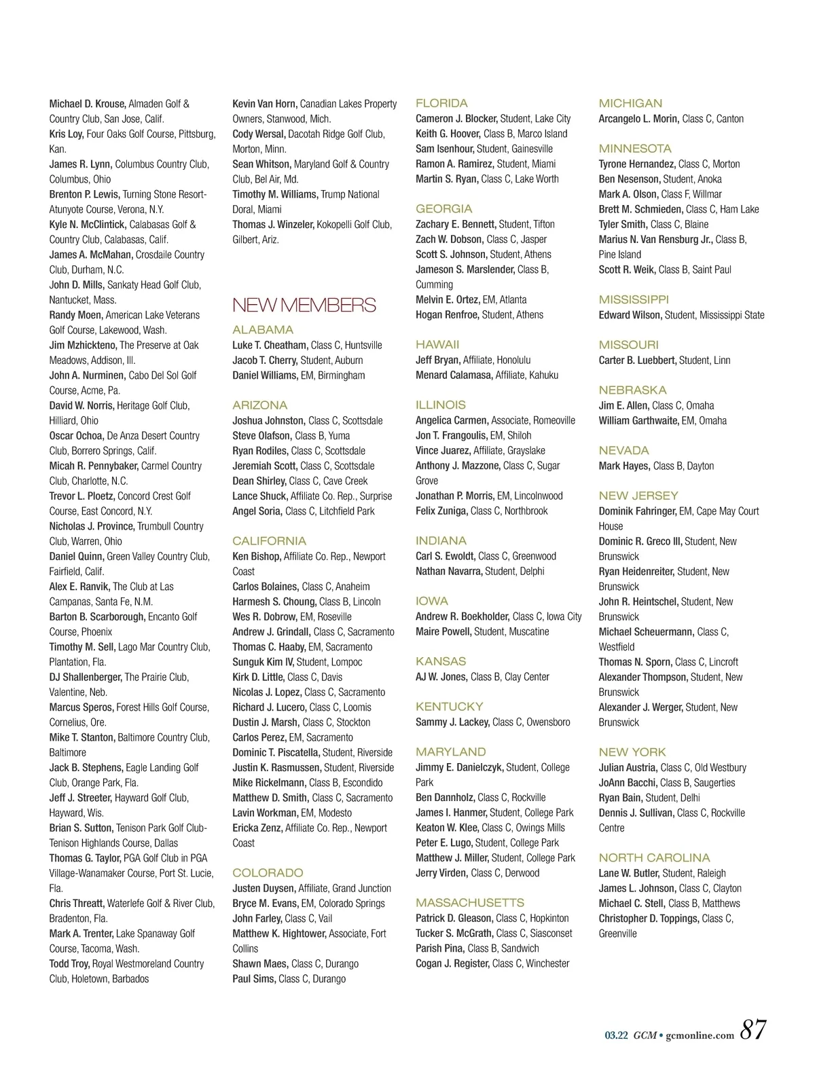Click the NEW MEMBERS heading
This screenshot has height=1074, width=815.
[x=304, y=305]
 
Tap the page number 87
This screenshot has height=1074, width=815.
[x=753, y=1030]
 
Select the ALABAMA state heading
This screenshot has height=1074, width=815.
[x=263, y=330]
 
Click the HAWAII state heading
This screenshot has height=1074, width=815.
[x=437, y=345]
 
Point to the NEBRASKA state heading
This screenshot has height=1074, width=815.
[x=632, y=390]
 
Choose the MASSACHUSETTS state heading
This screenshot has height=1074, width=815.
[x=470, y=903]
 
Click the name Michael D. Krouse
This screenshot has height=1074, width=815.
[x=87, y=104]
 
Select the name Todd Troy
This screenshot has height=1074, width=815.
[x=69, y=964]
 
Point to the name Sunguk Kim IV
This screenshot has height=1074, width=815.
[x=263, y=662]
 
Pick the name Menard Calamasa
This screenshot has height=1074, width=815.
[x=454, y=375]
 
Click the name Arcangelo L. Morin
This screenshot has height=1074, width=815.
[x=638, y=119]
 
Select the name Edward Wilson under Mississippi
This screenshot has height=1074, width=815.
[x=630, y=315]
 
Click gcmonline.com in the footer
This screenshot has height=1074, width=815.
[x=700, y=1035]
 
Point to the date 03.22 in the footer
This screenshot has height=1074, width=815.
[x=616, y=1035]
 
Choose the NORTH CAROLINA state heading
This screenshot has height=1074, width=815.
[x=654, y=858]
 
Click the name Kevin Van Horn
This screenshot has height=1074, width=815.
[x=264, y=104]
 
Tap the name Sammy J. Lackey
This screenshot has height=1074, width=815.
[x=452, y=722]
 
